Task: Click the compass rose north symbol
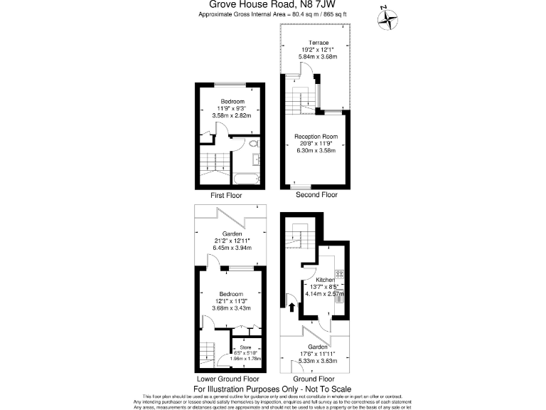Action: click(x=388, y=19)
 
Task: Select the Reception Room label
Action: click(x=316, y=136)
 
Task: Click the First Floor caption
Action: click(x=227, y=195)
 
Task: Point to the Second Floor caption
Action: click(x=317, y=195)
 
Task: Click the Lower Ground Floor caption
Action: click(x=228, y=379)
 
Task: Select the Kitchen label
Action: click(x=325, y=280)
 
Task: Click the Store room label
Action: click(x=245, y=347)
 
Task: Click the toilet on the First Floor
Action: click(x=253, y=144)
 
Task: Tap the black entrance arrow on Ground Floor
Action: click(x=291, y=307)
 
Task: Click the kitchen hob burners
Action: click(x=339, y=273)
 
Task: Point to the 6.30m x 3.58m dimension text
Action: click(x=316, y=150)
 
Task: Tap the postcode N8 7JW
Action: click(x=321, y=4)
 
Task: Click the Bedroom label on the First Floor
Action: click(x=232, y=101)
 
